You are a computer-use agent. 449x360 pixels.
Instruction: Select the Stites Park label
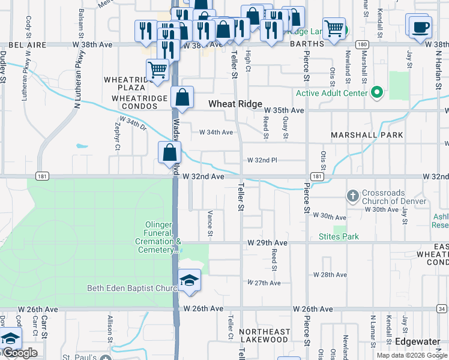coord(339,236)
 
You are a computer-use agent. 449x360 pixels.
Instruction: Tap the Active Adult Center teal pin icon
coord(376,93)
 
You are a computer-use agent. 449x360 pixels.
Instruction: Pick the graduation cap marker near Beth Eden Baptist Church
coord(189,281)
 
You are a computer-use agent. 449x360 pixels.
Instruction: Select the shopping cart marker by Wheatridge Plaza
coord(157,70)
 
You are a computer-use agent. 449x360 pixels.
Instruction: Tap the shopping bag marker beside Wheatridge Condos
coord(182,97)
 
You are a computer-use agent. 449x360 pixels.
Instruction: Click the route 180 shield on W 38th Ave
coord(361,44)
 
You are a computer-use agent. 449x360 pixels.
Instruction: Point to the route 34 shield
coord(442,309)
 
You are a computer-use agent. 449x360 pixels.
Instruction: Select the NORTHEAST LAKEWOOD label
coord(264,335)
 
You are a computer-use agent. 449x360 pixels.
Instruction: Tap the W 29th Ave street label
coord(267,243)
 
